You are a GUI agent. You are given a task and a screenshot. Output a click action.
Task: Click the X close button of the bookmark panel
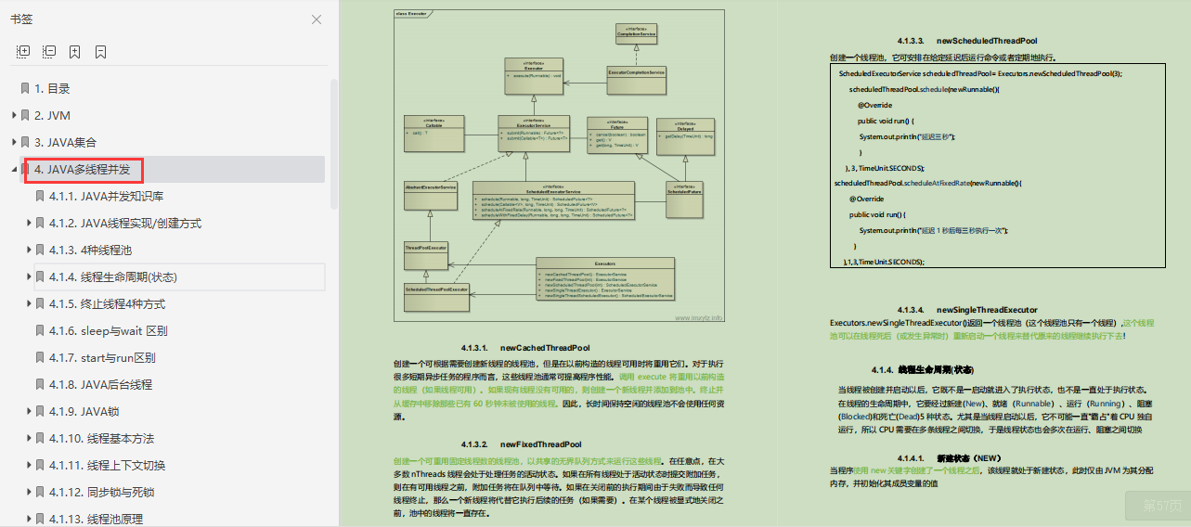click(317, 19)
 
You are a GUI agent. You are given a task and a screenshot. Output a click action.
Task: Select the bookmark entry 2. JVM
click(52, 116)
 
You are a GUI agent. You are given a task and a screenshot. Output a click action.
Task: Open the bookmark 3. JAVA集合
click(65, 143)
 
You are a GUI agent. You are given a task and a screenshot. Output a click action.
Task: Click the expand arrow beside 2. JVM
click(14, 116)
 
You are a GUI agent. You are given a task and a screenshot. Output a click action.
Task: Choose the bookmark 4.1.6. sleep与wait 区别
click(122, 331)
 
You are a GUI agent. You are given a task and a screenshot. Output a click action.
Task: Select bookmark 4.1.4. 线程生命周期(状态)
click(127, 277)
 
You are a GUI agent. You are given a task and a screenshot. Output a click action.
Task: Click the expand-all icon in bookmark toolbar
click(24, 52)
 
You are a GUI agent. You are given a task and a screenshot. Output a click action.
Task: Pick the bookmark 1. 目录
click(52, 89)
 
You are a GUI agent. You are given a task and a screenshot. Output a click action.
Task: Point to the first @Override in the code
click(874, 105)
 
